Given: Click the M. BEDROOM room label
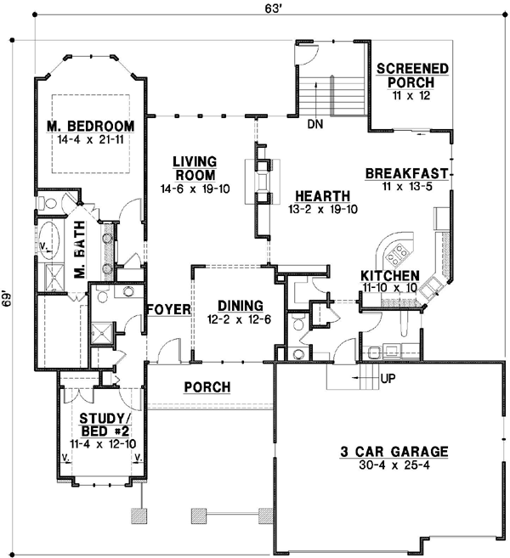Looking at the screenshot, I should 86,127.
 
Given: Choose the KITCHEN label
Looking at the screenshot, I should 389,276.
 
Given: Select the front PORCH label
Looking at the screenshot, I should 207,387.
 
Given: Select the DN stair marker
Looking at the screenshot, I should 315,125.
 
